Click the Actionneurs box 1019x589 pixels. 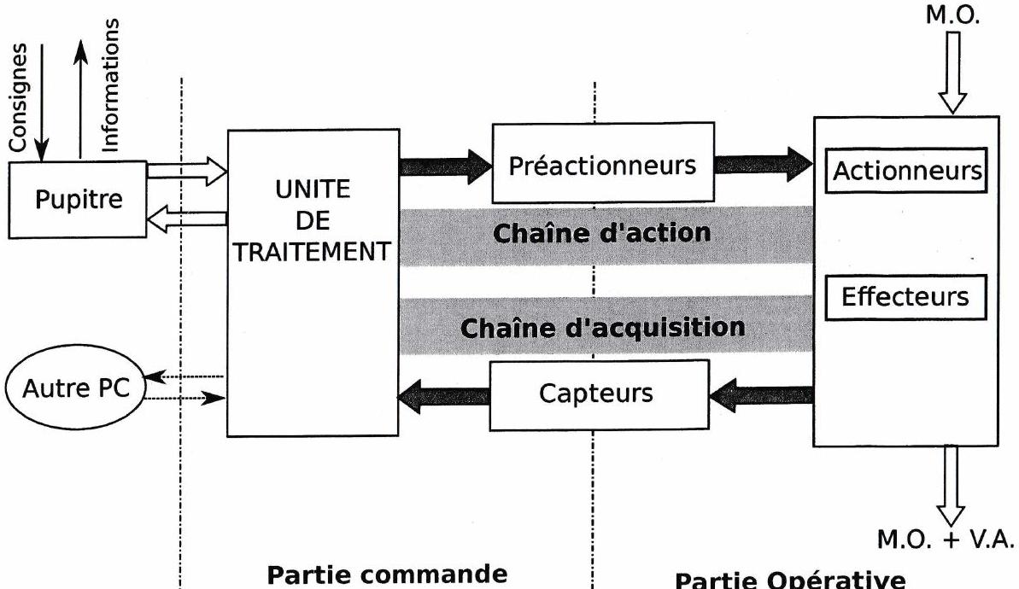pos(905,171)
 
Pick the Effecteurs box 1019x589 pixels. pos(905,296)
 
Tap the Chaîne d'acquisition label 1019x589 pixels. pos(602,325)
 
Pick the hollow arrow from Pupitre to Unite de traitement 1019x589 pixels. pos(186,173)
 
